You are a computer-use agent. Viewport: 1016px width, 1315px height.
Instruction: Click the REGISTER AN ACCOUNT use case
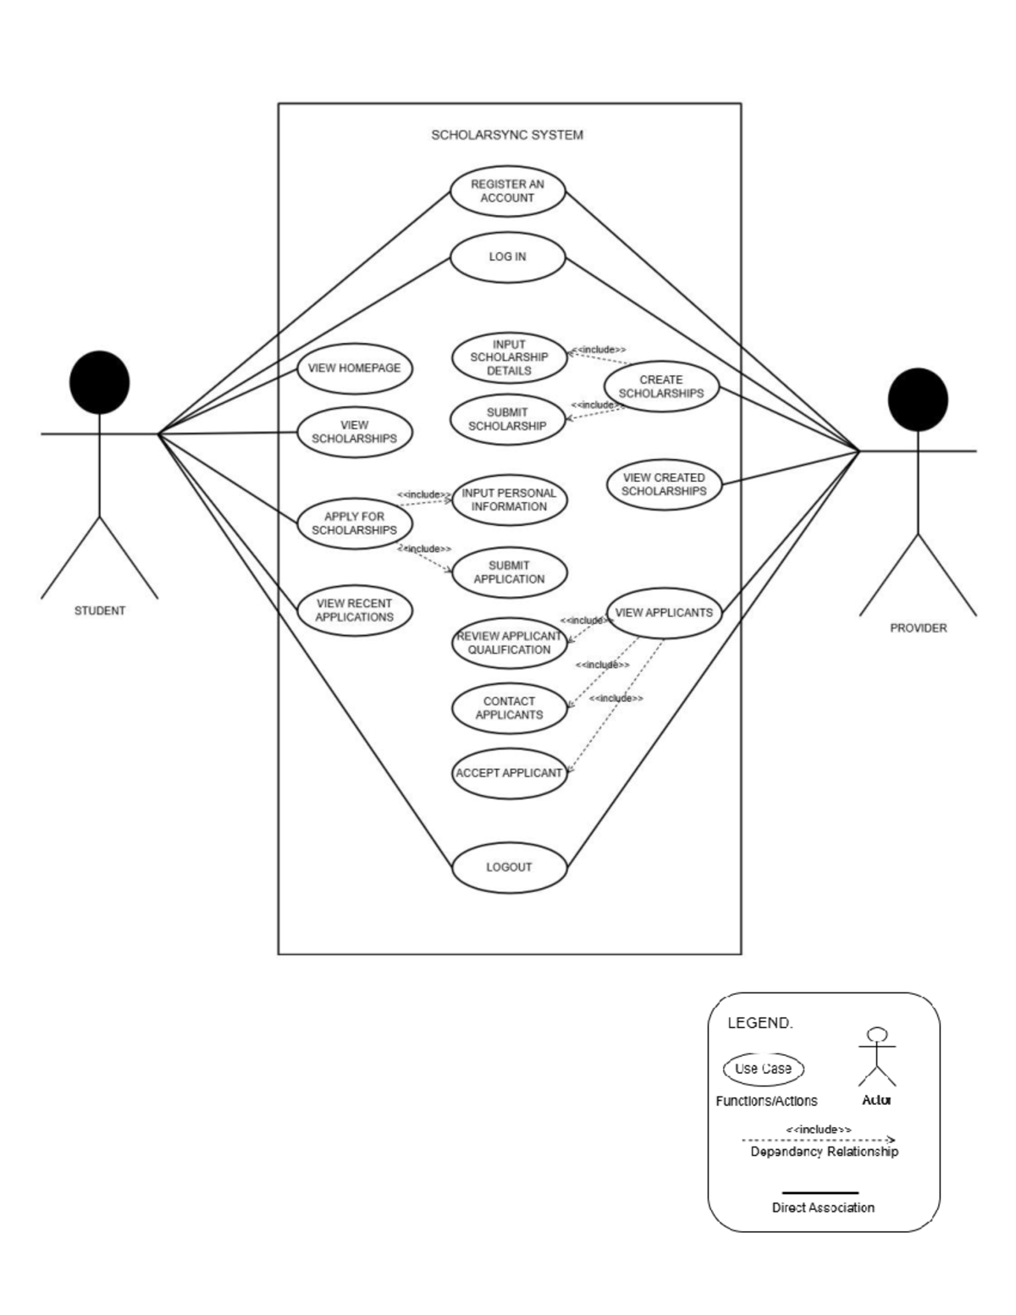[x=507, y=191]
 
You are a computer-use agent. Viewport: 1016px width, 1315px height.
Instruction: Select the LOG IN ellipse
[x=507, y=257]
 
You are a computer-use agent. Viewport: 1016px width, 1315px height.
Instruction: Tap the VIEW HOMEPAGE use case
[x=354, y=368]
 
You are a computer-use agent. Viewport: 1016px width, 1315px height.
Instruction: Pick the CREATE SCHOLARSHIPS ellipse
[x=661, y=387]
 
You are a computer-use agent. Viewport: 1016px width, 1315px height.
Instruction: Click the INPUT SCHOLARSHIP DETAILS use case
[x=509, y=357]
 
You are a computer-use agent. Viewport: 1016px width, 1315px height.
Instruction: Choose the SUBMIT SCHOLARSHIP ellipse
[x=507, y=419]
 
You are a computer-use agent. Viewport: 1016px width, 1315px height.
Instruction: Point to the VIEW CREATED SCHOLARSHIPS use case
[x=664, y=484]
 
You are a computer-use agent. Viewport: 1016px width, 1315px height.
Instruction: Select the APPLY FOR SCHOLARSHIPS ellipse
[x=354, y=523]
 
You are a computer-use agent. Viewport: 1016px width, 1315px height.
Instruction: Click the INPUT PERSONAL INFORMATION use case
[x=509, y=500]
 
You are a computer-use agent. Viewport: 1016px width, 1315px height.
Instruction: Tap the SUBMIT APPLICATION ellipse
[x=509, y=572]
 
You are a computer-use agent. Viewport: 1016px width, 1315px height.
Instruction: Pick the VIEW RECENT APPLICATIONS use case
[x=354, y=611]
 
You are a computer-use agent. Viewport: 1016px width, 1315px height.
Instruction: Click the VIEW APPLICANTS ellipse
[x=664, y=612]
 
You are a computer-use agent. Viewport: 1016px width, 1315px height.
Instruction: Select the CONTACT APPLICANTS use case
[x=509, y=708]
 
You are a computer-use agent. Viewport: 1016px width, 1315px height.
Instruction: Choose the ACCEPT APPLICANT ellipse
[x=509, y=773]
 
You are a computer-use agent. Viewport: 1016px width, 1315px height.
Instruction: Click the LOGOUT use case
[x=509, y=867]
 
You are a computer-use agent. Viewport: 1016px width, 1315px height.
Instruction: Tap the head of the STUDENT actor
[x=100, y=382]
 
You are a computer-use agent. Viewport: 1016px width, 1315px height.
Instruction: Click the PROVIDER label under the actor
[x=918, y=628]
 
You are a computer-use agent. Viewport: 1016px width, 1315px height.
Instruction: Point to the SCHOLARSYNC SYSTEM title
[x=507, y=135]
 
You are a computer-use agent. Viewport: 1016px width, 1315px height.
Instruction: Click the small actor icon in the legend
[x=877, y=1057]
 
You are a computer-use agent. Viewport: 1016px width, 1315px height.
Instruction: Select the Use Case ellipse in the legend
[x=763, y=1069]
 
